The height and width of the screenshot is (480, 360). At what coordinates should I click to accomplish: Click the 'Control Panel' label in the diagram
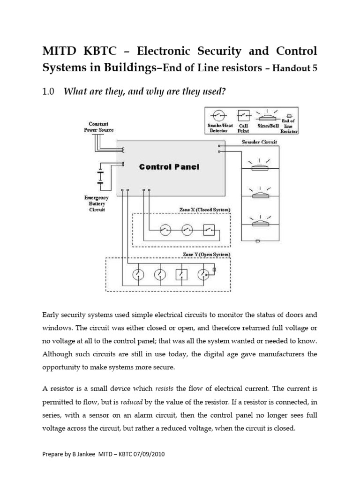(169, 167)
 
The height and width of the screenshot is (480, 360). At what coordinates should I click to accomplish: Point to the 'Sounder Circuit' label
(259, 142)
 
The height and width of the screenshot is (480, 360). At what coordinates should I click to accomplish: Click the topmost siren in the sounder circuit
(259, 167)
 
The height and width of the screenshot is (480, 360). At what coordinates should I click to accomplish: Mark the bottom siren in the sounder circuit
(259, 224)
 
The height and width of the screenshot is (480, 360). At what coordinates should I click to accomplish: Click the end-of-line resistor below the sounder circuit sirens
(258, 241)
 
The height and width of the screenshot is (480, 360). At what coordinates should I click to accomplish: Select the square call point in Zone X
(209, 230)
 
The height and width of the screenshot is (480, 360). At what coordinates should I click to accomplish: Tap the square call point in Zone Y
(182, 275)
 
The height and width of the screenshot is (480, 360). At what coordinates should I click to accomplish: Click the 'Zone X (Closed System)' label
(205, 209)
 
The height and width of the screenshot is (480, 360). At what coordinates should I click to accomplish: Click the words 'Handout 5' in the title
(295, 68)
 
